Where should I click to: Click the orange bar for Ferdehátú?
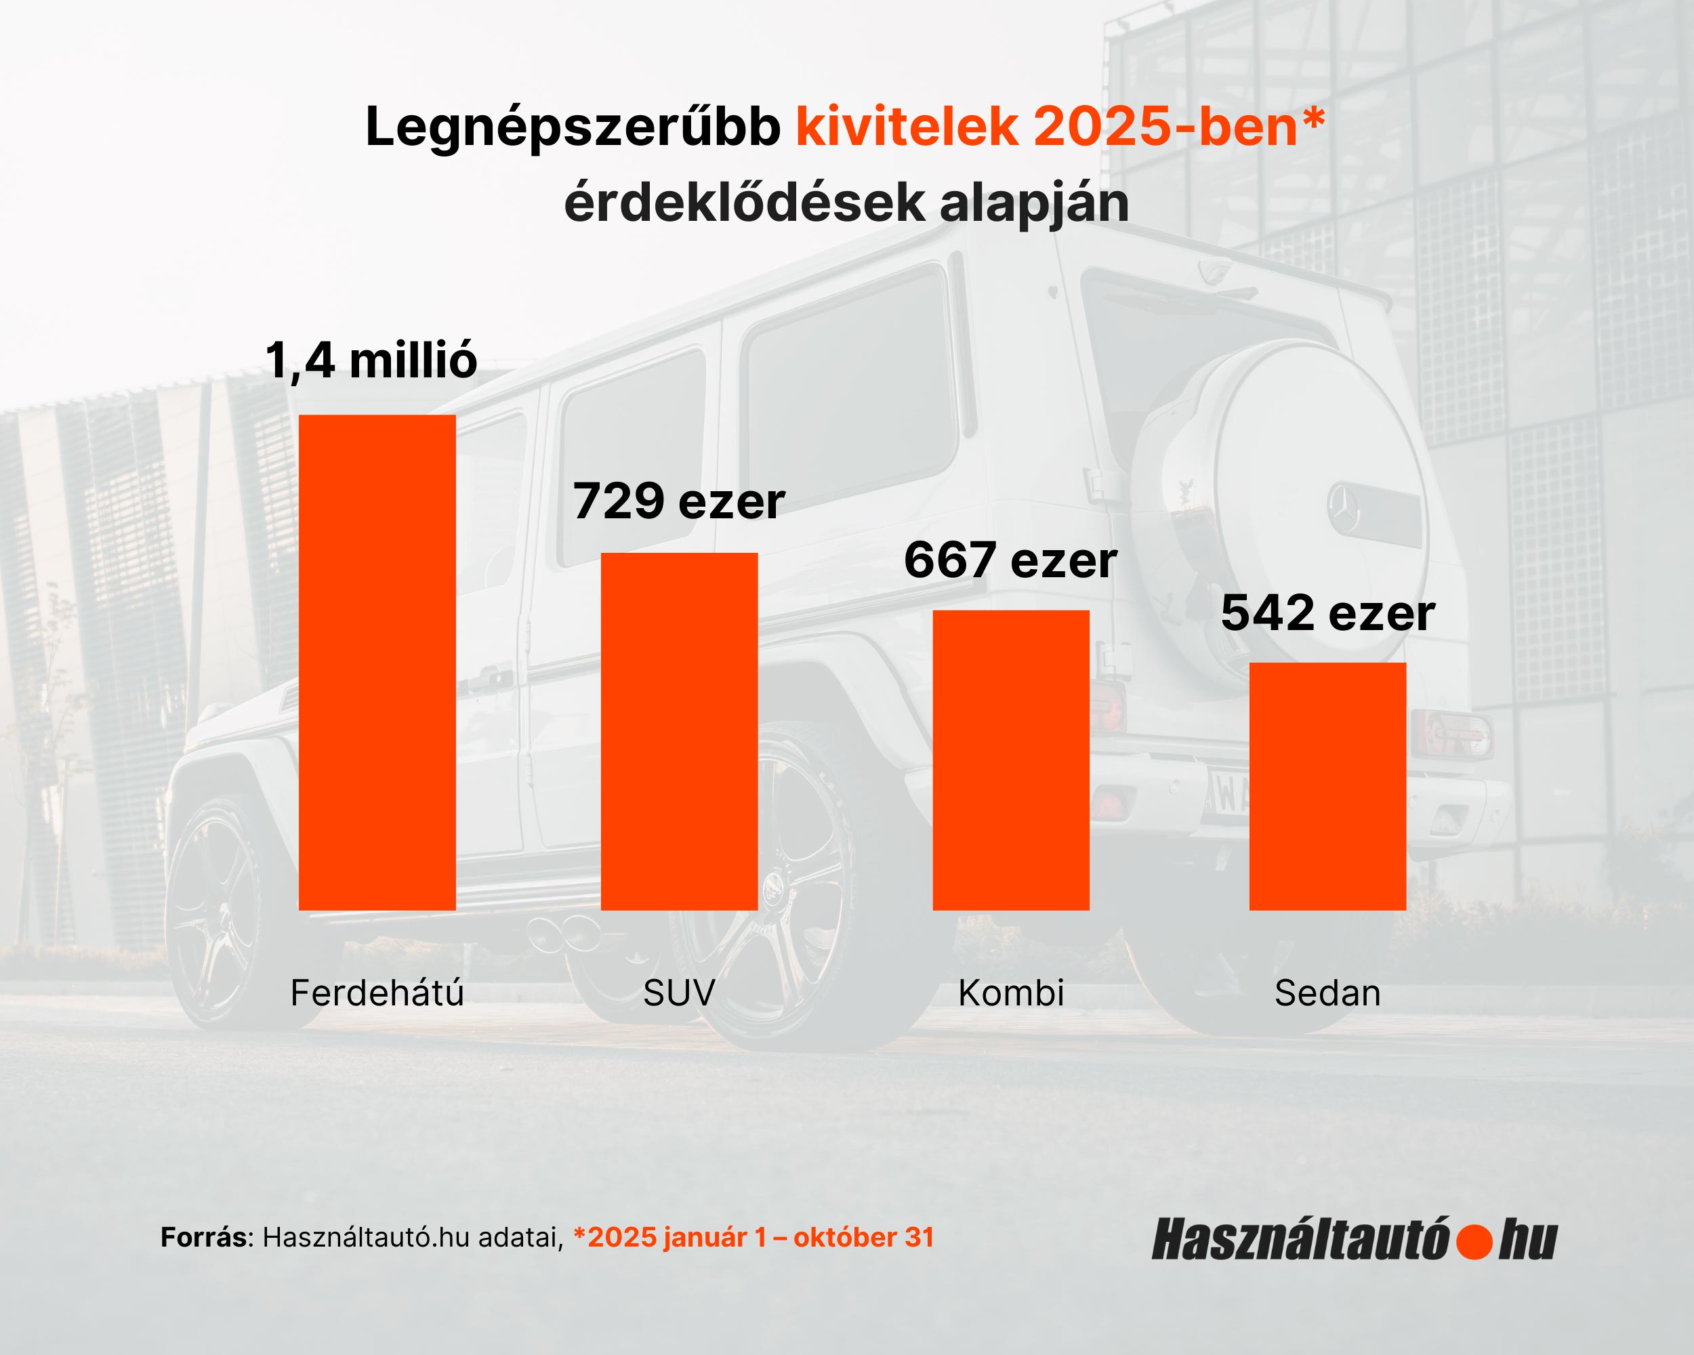click(x=377, y=662)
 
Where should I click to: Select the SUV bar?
click(x=679, y=731)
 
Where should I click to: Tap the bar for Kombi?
click(x=1010, y=759)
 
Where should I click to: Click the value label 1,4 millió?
click(x=371, y=360)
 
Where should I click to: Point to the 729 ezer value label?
click(x=679, y=501)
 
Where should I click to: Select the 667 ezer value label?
click(x=1010, y=560)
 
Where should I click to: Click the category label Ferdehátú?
click(x=377, y=993)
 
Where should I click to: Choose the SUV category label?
click(x=679, y=993)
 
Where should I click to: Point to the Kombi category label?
click(x=1011, y=993)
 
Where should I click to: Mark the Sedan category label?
click(x=1327, y=993)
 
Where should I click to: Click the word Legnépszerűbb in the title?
click(x=573, y=127)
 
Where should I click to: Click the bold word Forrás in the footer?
click(x=203, y=1237)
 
